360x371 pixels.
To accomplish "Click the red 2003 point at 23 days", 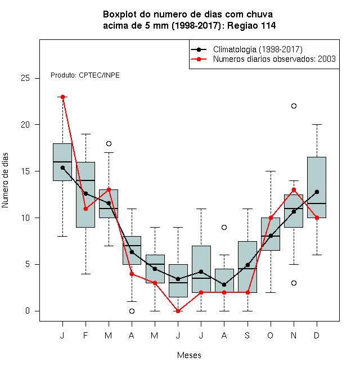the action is tap(62, 97).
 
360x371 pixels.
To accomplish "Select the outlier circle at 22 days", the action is tap(294, 106).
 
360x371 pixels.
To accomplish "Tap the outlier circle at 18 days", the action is tap(109, 143).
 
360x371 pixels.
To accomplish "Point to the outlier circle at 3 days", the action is tap(294, 283).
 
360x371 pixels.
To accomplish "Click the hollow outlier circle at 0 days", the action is tap(132, 311).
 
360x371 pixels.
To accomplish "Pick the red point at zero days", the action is tap(178, 311).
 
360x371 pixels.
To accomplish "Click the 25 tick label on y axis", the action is tap(25, 78).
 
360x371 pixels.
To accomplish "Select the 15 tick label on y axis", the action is tap(25, 171).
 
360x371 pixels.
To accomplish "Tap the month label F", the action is tap(85, 335).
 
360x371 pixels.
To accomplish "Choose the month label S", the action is tap(247, 335).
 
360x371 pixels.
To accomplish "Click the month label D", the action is tap(317, 335).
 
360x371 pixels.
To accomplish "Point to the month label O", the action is tap(270, 335).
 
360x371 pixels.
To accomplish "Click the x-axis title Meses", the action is tap(189, 355).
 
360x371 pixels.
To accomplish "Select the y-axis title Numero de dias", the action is tap(5, 180).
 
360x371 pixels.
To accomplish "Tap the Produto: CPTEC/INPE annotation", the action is tap(85, 75).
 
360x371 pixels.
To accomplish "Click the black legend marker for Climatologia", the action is tap(199, 49).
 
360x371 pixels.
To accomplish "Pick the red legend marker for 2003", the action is tap(199, 59).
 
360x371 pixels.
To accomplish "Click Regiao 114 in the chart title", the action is tap(251, 25).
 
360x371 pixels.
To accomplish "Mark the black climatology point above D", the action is tap(317, 192).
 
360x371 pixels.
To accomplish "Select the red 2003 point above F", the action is tap(85, 209).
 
